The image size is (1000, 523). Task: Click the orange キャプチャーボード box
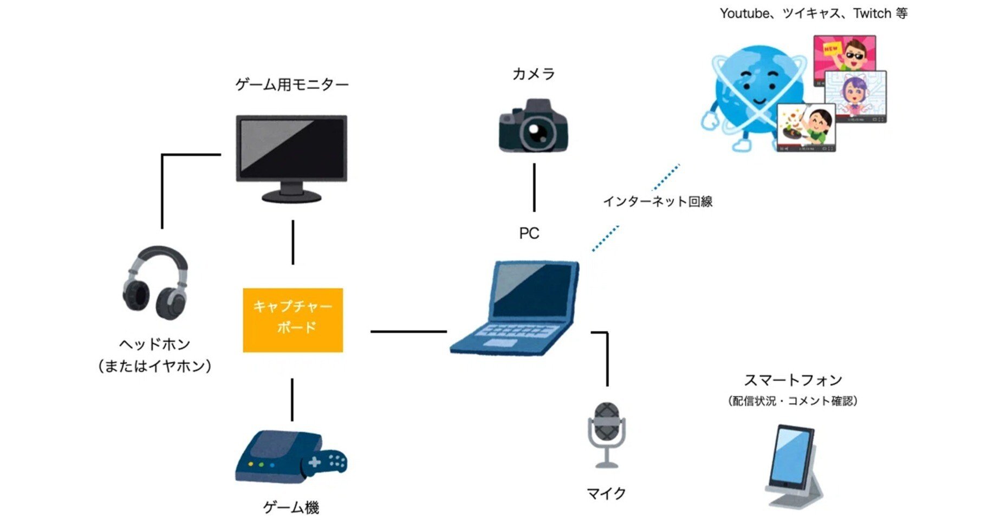pyautogui.click(x=293, y=319)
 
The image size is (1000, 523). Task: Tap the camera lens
pyautogui.click(x=536, y=132)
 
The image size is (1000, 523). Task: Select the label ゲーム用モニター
pyautogui.click(x=291, y=85)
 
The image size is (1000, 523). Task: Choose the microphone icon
pyautogui.click(x=607, y=433)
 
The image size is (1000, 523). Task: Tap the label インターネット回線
pyautogui.click(x=658, y=201)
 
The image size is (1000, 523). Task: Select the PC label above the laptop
pyautogui.click(x=529, y=233)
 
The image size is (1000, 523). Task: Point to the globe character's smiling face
pyautogui.click(x=754, y=89)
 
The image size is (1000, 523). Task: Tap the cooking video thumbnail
pyautogui.click(x=806, y=128)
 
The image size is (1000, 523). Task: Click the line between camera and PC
pyautogui.click(x=534, y=187)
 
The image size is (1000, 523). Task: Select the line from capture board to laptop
pyautogui.click(x=408, y=331)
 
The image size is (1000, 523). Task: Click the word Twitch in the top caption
pyautogui.click(x=872, y=14)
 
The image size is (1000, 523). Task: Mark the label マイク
pyautogui.click(x=606, y=493)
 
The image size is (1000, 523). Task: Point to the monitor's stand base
pyautogui.click(x=291, y=196)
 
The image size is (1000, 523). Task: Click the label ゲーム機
pyautogui.click(x=291, y=507)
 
